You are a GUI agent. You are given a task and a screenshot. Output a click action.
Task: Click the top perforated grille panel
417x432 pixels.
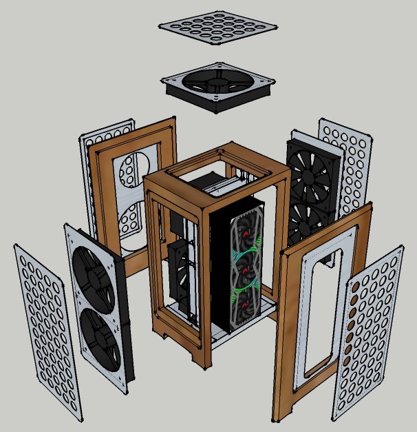tap(218, 27)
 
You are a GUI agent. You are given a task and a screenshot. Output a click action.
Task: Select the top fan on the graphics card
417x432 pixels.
tap(246, 231)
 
